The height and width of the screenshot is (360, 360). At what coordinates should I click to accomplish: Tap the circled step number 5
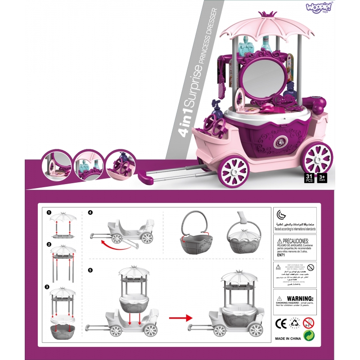click(91, 270)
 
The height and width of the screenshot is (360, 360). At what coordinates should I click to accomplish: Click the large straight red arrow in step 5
click(180, 319)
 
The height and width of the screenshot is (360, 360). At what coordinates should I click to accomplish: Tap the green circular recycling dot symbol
click(309, 336)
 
